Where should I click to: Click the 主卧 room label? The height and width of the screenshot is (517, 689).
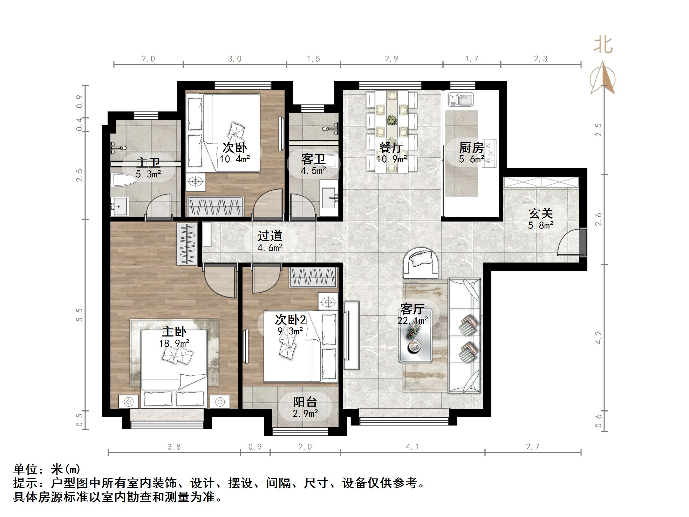click(174, 331)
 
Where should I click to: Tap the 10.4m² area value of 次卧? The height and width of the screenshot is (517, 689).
click(235, 159)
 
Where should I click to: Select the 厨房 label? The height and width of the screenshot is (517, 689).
click(471, 148)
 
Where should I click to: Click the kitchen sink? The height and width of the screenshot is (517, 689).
click(461, 100)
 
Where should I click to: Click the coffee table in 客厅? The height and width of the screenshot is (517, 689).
click(416, 336)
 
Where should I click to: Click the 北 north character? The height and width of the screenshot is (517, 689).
click(603, 45)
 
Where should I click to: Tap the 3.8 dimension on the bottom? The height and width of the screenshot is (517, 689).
click(174, 447)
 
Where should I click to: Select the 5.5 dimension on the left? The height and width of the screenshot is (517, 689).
click(80, 315)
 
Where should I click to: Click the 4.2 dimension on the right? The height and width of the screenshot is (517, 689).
click(599, 338)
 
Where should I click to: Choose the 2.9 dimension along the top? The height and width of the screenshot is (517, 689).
click(391, 59)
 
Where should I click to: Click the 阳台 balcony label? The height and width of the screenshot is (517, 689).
click(305, 402)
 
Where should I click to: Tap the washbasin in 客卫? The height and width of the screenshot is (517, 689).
click(329, 197)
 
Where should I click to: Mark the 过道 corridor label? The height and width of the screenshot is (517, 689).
click(270, 236)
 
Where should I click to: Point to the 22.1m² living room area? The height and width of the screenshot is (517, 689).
click(413, 320)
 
